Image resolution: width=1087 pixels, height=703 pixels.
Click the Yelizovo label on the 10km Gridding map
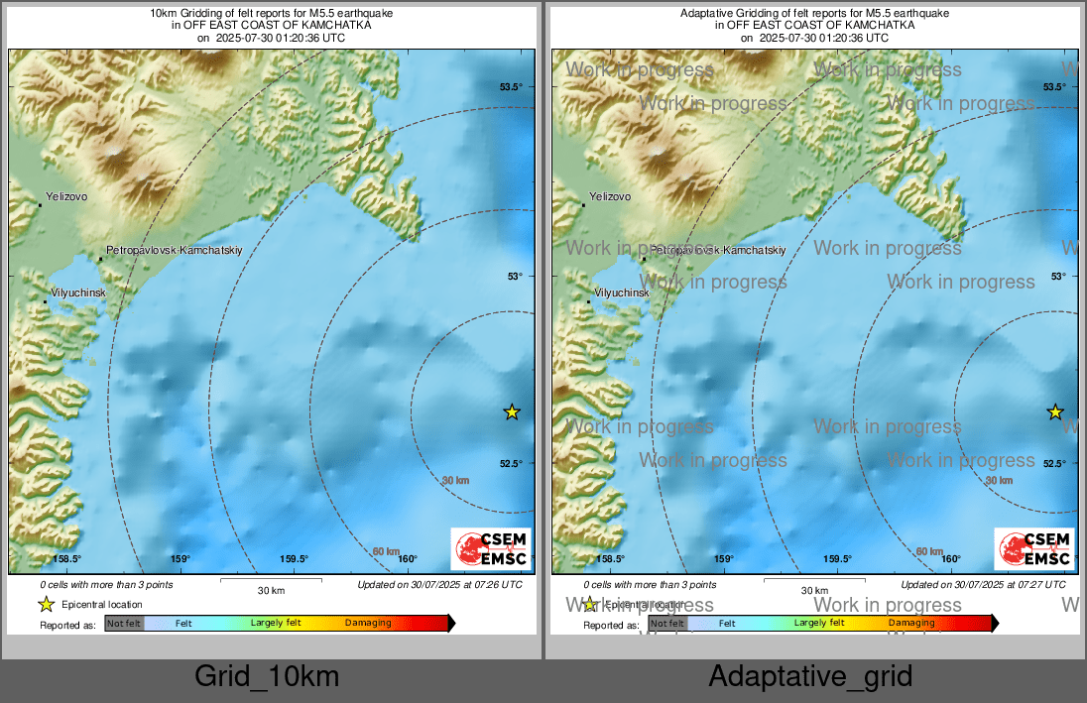tap(66, 196)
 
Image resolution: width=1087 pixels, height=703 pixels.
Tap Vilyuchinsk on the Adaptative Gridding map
tap(621, 293)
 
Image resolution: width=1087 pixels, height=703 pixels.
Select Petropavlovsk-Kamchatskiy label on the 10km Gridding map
tap(174, 250)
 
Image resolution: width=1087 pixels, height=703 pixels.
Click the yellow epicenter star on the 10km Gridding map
tap(512, 411)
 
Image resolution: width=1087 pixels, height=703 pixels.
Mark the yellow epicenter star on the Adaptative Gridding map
tap(1055, 411)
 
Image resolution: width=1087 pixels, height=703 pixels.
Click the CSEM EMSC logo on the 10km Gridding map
tap(491, 548)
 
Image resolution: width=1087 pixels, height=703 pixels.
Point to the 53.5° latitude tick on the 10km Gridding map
tap(511, 87)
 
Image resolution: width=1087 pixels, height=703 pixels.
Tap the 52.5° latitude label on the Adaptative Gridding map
tap(1054, 463)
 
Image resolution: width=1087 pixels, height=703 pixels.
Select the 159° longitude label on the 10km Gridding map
tap(180, 559)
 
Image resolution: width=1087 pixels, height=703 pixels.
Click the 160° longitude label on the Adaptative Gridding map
tap(951, 559)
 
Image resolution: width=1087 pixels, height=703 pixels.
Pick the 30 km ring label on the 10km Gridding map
tap(455, 480)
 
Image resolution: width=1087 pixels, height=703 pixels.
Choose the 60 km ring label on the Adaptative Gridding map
tap(929, 551)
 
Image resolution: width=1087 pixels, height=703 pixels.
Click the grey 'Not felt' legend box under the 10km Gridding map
tap(124, 624)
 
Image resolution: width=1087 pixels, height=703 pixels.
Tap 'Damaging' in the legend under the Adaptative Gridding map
tap(911, 624)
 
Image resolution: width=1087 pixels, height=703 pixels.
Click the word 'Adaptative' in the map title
tap(705, 13)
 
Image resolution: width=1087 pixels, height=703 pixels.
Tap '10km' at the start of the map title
tap(160, 13)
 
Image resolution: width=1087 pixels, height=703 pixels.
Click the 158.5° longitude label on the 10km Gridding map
tap(65, 559)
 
